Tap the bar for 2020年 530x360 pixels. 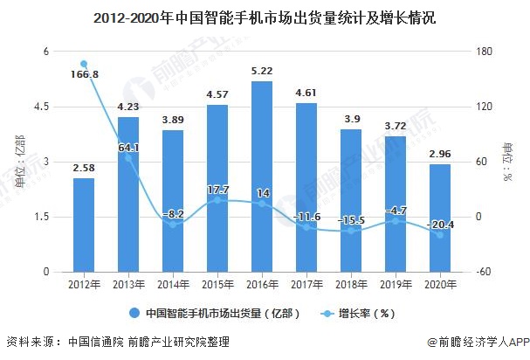point(440,218)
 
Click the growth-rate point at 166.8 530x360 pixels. point(84,64)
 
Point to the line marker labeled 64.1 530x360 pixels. point(128,157)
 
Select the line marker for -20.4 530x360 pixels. point(440,234)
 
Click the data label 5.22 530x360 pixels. point(261,71)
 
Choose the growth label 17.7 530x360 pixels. point(218,189)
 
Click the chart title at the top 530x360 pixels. point(265,17)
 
